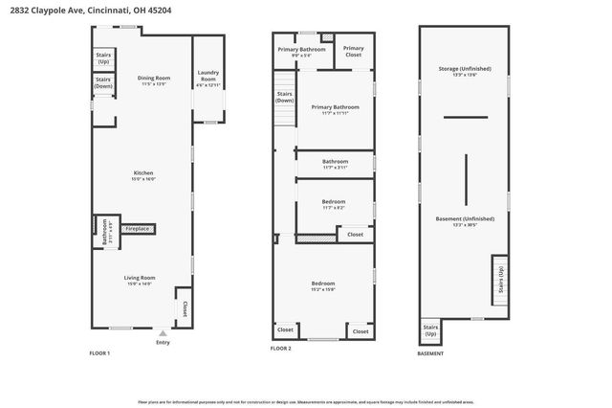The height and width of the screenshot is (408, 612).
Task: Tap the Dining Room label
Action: click(153, 79)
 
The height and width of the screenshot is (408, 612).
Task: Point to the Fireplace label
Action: click(136, 229)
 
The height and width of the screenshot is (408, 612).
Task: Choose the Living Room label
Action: click(139, 279)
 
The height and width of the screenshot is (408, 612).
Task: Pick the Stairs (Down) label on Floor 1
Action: click(103, 83)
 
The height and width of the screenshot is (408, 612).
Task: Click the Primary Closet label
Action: click(354, 51)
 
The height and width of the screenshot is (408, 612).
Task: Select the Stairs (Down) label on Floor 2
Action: click(284, 97)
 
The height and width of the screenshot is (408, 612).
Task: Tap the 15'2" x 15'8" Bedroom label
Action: click(322, 284)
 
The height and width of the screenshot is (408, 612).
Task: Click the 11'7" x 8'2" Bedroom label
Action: click(334, 203)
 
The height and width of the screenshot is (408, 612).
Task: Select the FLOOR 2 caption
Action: click(280, 349)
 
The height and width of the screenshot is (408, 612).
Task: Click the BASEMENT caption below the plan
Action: click(430, 354)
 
